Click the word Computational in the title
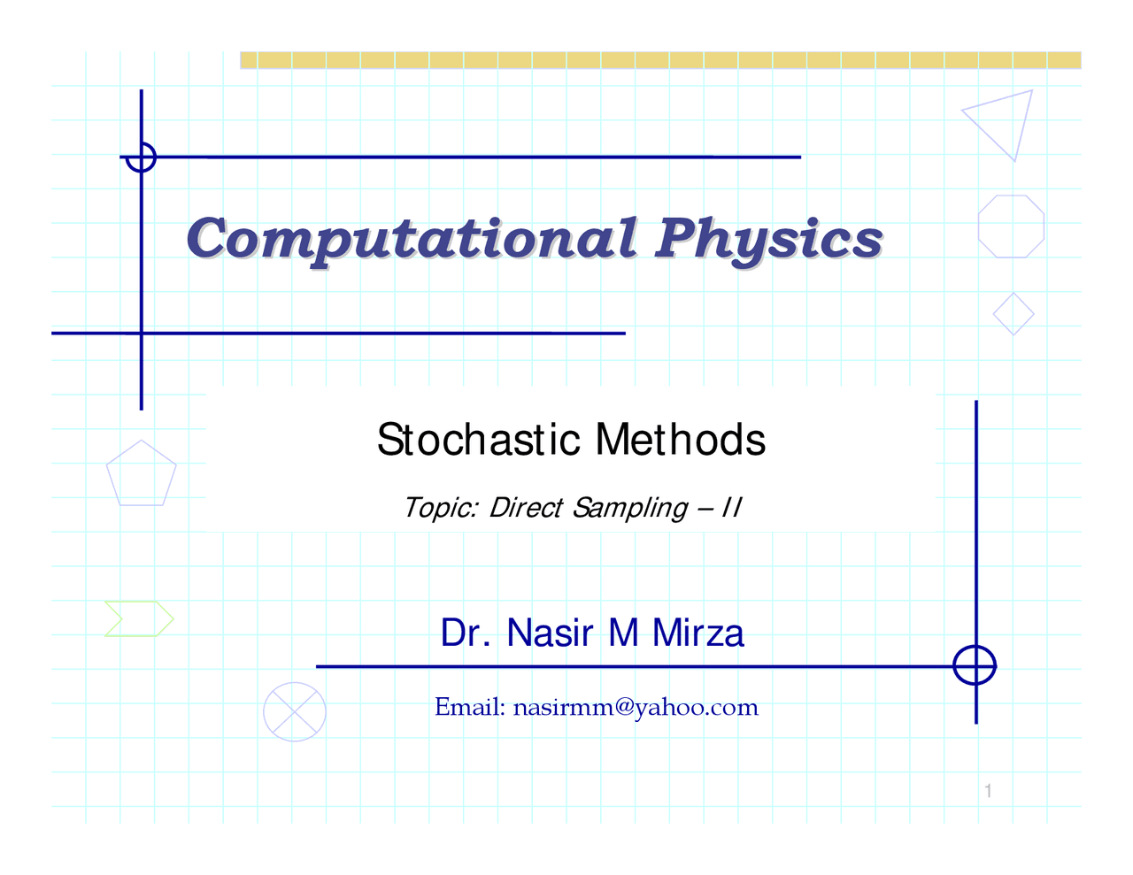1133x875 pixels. [412, 239]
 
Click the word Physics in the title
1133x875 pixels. [768, 239]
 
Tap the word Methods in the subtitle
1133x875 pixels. [680, 439]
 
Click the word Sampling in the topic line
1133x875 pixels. [629, 508]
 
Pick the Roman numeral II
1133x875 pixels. [731, 508]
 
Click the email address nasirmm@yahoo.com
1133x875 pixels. [636, 707]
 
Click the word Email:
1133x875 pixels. [470, 707]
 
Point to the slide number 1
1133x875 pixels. [988, 791]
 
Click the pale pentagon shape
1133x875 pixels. [142, 474]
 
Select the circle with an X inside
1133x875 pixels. [295, 711]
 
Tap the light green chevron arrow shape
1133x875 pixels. [139, 618]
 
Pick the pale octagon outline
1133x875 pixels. [1011, 226]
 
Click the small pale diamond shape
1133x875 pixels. [1014, 314]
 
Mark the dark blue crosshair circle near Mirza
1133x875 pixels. [975, 665]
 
